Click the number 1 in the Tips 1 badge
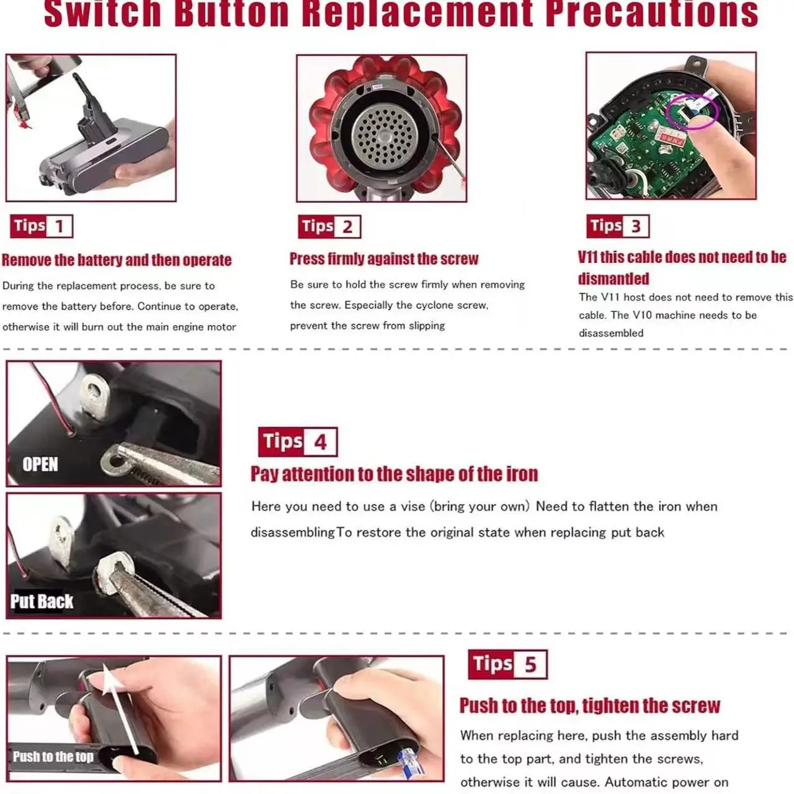(x=60, y=226)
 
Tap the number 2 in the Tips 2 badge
(x=347, y=227)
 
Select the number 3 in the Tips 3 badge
(x=636, y=226)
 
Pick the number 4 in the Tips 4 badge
(x=320, y=442)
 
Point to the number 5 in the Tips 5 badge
(x=531, y=664)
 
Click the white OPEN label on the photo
(x=40, y=465)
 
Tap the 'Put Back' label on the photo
(x=42, y=601)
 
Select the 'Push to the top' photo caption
(x=53, y=757)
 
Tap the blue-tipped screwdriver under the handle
(x=411, y=764)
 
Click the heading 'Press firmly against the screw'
(x=383, y=259)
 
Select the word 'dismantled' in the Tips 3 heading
(x=613, y=279)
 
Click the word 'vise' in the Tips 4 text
(x=413, y=506)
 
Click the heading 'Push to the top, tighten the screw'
(x=590, y=706)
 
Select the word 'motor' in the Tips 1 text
(x=222, y=327)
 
